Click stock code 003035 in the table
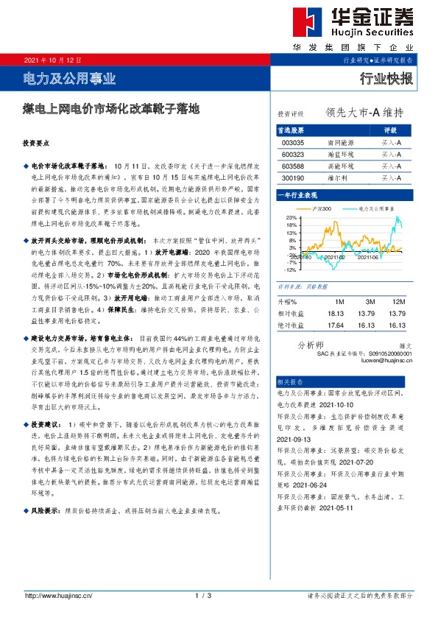point(292,143)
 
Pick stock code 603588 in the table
point(292,166)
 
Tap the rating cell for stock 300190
point(391,178)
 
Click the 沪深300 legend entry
point(322,209)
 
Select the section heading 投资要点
point(35,144)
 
